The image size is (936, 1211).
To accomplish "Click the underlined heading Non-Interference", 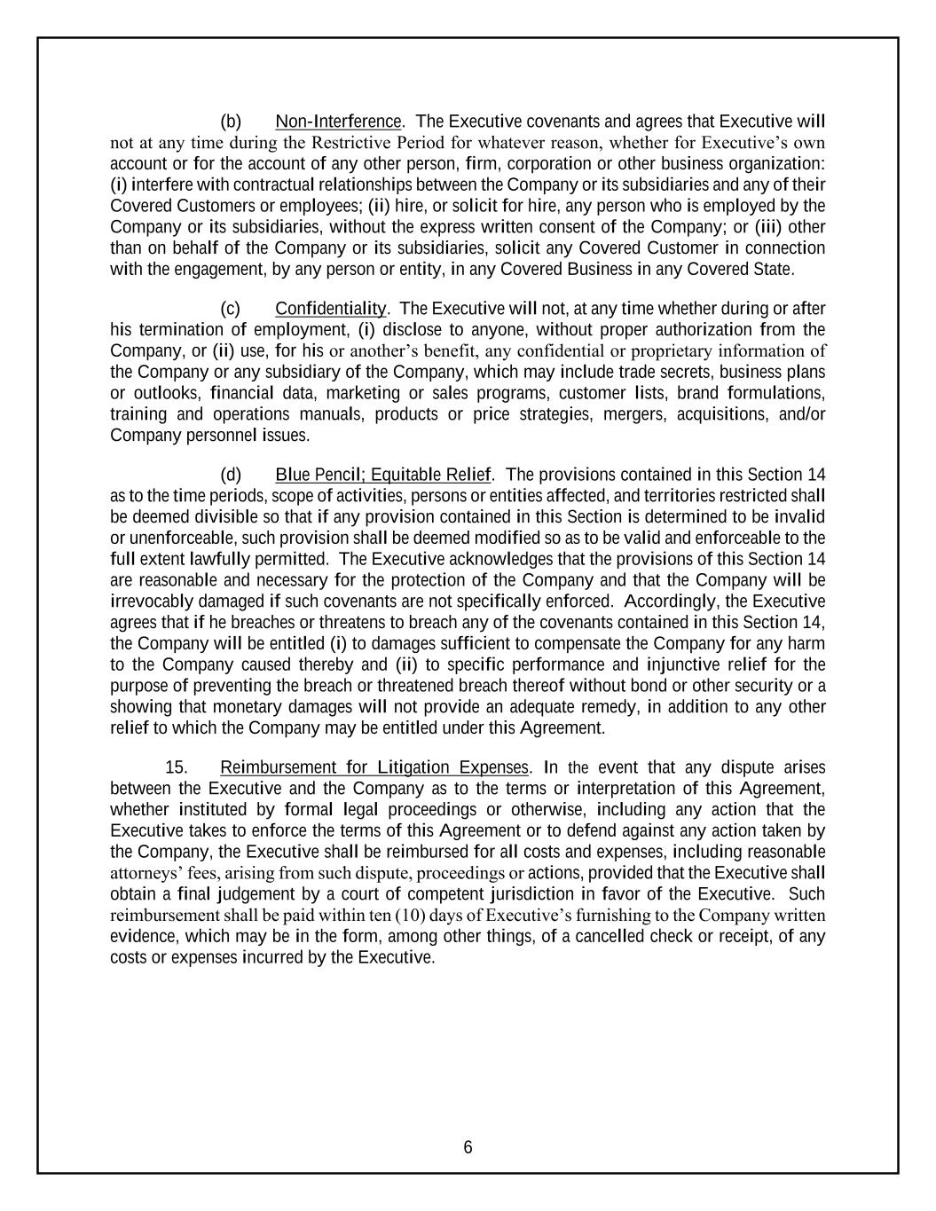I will [x=338, y=122].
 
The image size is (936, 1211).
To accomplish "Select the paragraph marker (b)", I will [x=231, y=122].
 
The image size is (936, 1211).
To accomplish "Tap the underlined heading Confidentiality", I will [x=331, y=309].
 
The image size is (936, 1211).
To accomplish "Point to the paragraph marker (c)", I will [x=231, y=309].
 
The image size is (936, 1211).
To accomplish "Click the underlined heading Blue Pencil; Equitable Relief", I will [x=382, y=475].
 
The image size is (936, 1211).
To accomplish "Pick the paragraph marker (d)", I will [x=231, y=475].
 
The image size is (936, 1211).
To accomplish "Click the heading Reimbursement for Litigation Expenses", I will [x=374, y=767].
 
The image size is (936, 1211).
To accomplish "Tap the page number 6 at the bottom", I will [x=468, y=1148].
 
